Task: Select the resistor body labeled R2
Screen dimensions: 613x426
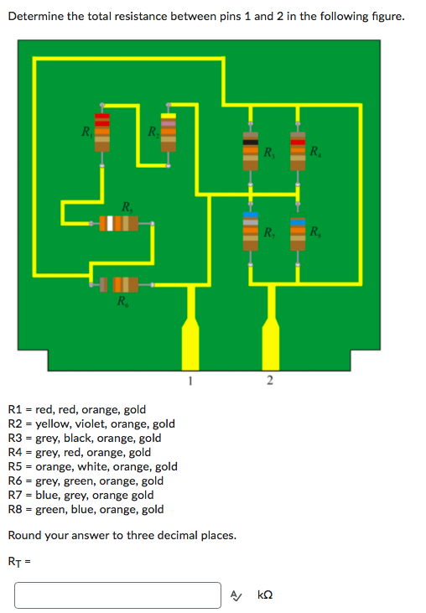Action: (x=169, y=133)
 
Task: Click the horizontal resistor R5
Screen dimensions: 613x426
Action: (x=118, y=224)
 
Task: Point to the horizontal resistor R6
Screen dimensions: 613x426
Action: (x=119, y=285)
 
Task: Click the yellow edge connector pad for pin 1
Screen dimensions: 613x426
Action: (x=191, y=340)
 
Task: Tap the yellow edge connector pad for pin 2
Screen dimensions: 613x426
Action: (x=270, y=340)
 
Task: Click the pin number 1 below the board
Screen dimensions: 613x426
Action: (x=191, y=381)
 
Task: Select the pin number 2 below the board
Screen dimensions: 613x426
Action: (x=269, y=381)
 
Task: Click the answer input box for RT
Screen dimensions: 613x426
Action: (x=117, y=595)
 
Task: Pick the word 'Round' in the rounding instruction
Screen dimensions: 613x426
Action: (x=24, y=535)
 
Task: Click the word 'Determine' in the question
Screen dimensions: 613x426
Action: (x=37, y=16)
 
